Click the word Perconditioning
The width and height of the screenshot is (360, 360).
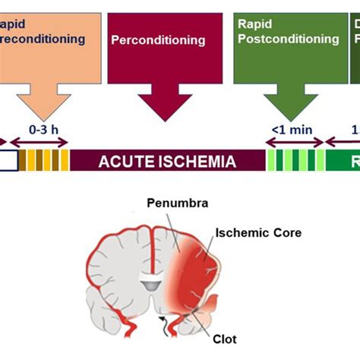pyautogui.click(x=158, y=39)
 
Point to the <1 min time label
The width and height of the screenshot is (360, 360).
pyautogui.click(x=292, y=130)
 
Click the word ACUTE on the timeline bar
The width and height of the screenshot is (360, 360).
pyautogui.click(x=130, y=161)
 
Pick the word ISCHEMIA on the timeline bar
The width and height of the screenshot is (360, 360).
pyautogui.click(x=197, y=161)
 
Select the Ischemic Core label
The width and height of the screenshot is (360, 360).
pyautogui.click(x=258, y=232)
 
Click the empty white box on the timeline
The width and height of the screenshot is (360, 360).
pyautogui.click(x=9, y=161)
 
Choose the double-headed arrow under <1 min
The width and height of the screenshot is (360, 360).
pyautogui.click(x=293, y=142)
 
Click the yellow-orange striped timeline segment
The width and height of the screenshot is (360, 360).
pyautogui.click(x=45, y=161)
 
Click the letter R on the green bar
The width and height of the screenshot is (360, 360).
pyautogui.click(x=353, y=161)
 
